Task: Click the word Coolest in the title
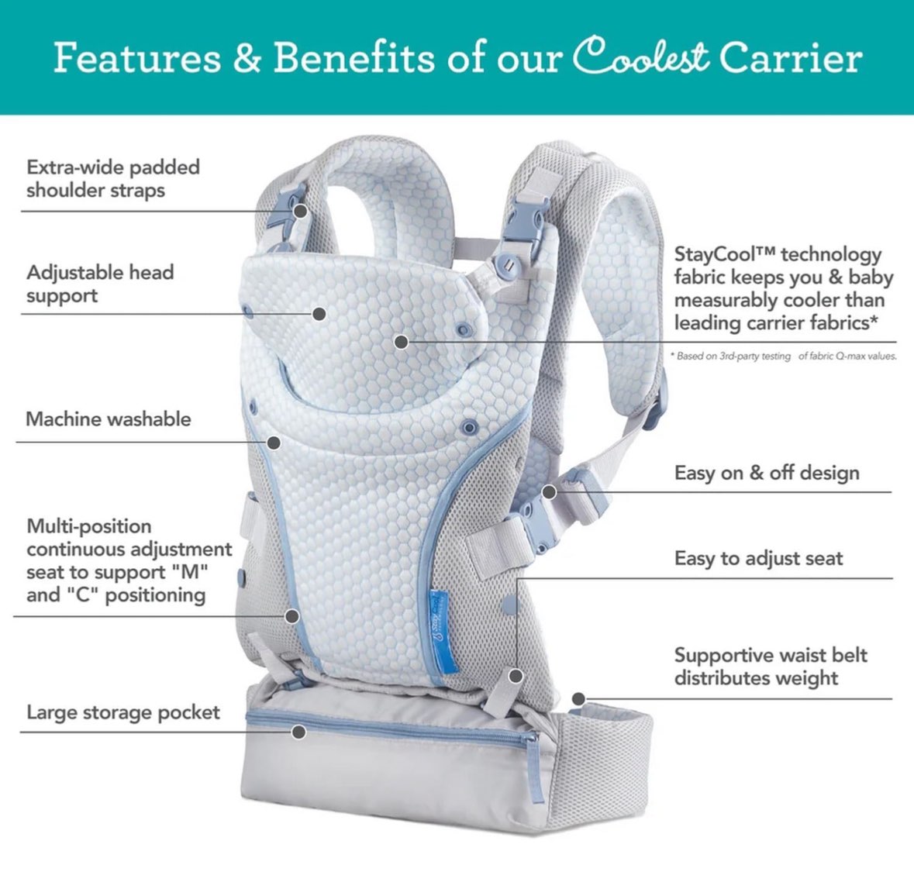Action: pyautogui.click(x=641, y=57)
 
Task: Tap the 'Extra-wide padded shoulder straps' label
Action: pyautogui.click(x=113, y=178)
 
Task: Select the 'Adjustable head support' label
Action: pyautogui.click(x=100, y=284)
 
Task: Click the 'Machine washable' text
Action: pyautogui.click(x=109, y=419)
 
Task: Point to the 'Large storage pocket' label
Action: pyautogui.click(x=123, y=712)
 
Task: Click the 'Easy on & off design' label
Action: pyautogui.click(x=767, y=472)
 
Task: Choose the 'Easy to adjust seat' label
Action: pyautogui.click(x=758, y=559)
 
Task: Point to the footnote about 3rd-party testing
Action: pyautogui.click(x=783, y=356)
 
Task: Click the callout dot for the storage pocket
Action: pyautogui.click(x=299, y=732)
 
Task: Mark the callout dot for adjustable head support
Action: pyautogui.click(x=319, y=314)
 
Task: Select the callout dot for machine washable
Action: pyautogui.click(x=274, y=442)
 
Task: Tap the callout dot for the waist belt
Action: pyautogui.click(x=578, y=698)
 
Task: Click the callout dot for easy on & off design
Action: pyautogui.click(x=549, y=492)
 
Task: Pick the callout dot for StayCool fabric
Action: pyautogui.click(x=401, y=342)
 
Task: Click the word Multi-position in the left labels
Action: pyautogui.click(x=89, y=526)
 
